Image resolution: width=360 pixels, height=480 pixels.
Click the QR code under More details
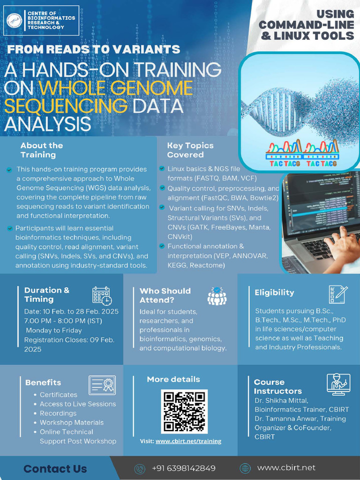click(184, 411)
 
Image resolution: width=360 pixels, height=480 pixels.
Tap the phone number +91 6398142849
click(184, 468)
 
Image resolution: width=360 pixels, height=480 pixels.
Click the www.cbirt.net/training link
click(188, 441)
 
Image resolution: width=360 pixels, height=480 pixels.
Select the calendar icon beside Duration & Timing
click(102, 296)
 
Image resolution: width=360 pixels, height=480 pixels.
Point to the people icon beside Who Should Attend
click(217, 296)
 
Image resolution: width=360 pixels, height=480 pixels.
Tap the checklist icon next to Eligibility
click(338, 294)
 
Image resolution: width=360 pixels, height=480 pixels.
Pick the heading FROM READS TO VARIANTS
click(94, 50)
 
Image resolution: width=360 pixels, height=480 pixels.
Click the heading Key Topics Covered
click(190, 150)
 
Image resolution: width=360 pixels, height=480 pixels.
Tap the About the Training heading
click(41, 150)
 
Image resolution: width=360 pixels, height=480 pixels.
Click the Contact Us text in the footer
click(55, 469)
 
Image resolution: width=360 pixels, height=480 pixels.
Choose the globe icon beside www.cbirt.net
click(245, 468)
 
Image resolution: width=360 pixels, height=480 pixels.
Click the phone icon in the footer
click(140, 468)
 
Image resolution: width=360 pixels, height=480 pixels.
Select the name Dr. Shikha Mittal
click(281, 400)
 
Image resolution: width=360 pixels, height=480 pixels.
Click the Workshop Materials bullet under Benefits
click(71, 422)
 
